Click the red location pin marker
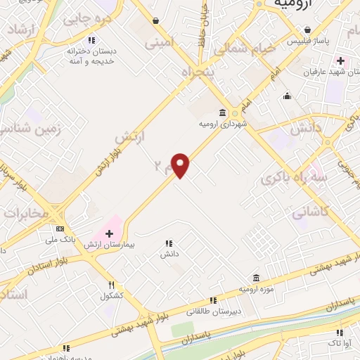point(181,165)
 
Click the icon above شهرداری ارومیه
point(223,113)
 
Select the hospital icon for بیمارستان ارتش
point(109,233)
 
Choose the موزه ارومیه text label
point(255,288)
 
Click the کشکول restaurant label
point(112,295)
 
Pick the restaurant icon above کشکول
point(112,284)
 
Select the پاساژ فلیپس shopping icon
point(308,30)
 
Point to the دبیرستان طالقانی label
point(214,310)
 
